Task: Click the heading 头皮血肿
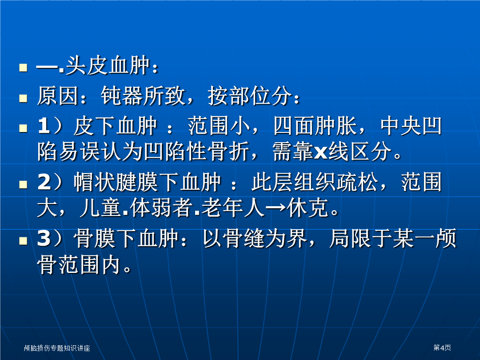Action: click(107, 65)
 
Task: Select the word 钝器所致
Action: click(143, 96)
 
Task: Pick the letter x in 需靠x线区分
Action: click(321, 152)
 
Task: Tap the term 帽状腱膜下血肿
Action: click(147, 182)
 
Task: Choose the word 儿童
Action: click(100, 208)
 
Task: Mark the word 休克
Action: click(308, 208)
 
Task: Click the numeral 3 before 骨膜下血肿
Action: click(44, 238)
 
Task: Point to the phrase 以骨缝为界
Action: click(255, 238)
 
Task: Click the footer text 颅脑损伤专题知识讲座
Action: click(57, 348)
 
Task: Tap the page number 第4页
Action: click(442, 348)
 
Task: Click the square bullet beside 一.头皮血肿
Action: click(23, 68)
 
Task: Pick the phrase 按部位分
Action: click(249, 96)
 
